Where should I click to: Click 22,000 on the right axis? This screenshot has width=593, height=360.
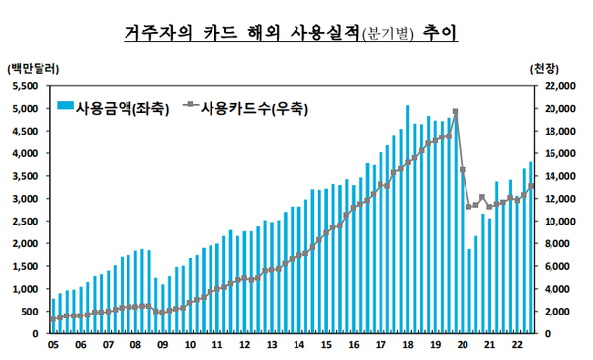tap(560, 86)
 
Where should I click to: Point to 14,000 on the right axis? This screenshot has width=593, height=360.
tap(560, 176)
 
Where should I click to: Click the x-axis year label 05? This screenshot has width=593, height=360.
tap(52, 345)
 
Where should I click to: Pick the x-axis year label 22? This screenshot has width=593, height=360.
tap(516, 345)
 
